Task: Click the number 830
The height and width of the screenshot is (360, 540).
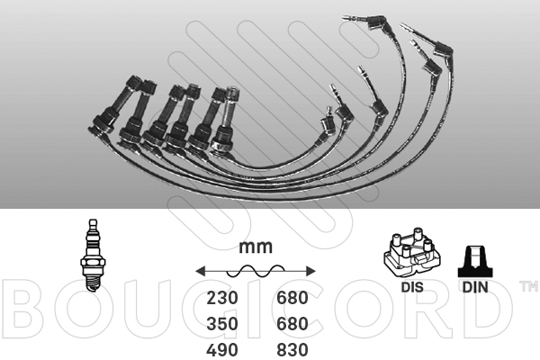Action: [x=290, y=349]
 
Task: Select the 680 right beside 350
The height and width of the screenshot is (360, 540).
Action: [x=290, y=324]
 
